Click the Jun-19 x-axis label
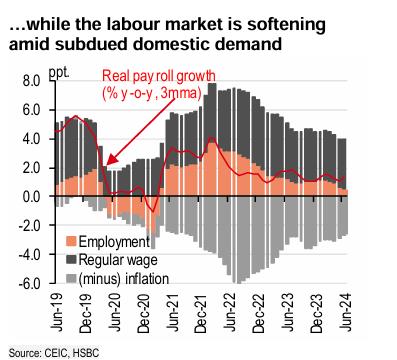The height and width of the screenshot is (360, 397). pyautogui.click(x=57, y=313)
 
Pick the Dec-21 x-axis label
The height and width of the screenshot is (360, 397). pyautogui.click(x=202, y=313)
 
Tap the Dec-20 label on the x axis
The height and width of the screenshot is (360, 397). pyautogui.click(x=144, y=313)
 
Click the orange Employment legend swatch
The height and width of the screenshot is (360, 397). pyautogui.click(x=71, y=241)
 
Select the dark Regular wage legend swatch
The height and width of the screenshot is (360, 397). pyautogui.click(x=71, y=260)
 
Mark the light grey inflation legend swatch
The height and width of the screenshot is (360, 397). pyautogui.click(x=71, y=278)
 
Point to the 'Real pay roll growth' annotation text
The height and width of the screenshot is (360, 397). pyautogui.click(x=159, y=76)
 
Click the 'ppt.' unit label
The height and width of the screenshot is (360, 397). pyautogui.click(x=59, y=73)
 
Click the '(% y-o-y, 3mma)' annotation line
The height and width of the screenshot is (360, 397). pyautogui.click(x=152, y=93)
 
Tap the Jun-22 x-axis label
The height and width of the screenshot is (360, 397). pyautogui.click(x=230, y=313)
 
